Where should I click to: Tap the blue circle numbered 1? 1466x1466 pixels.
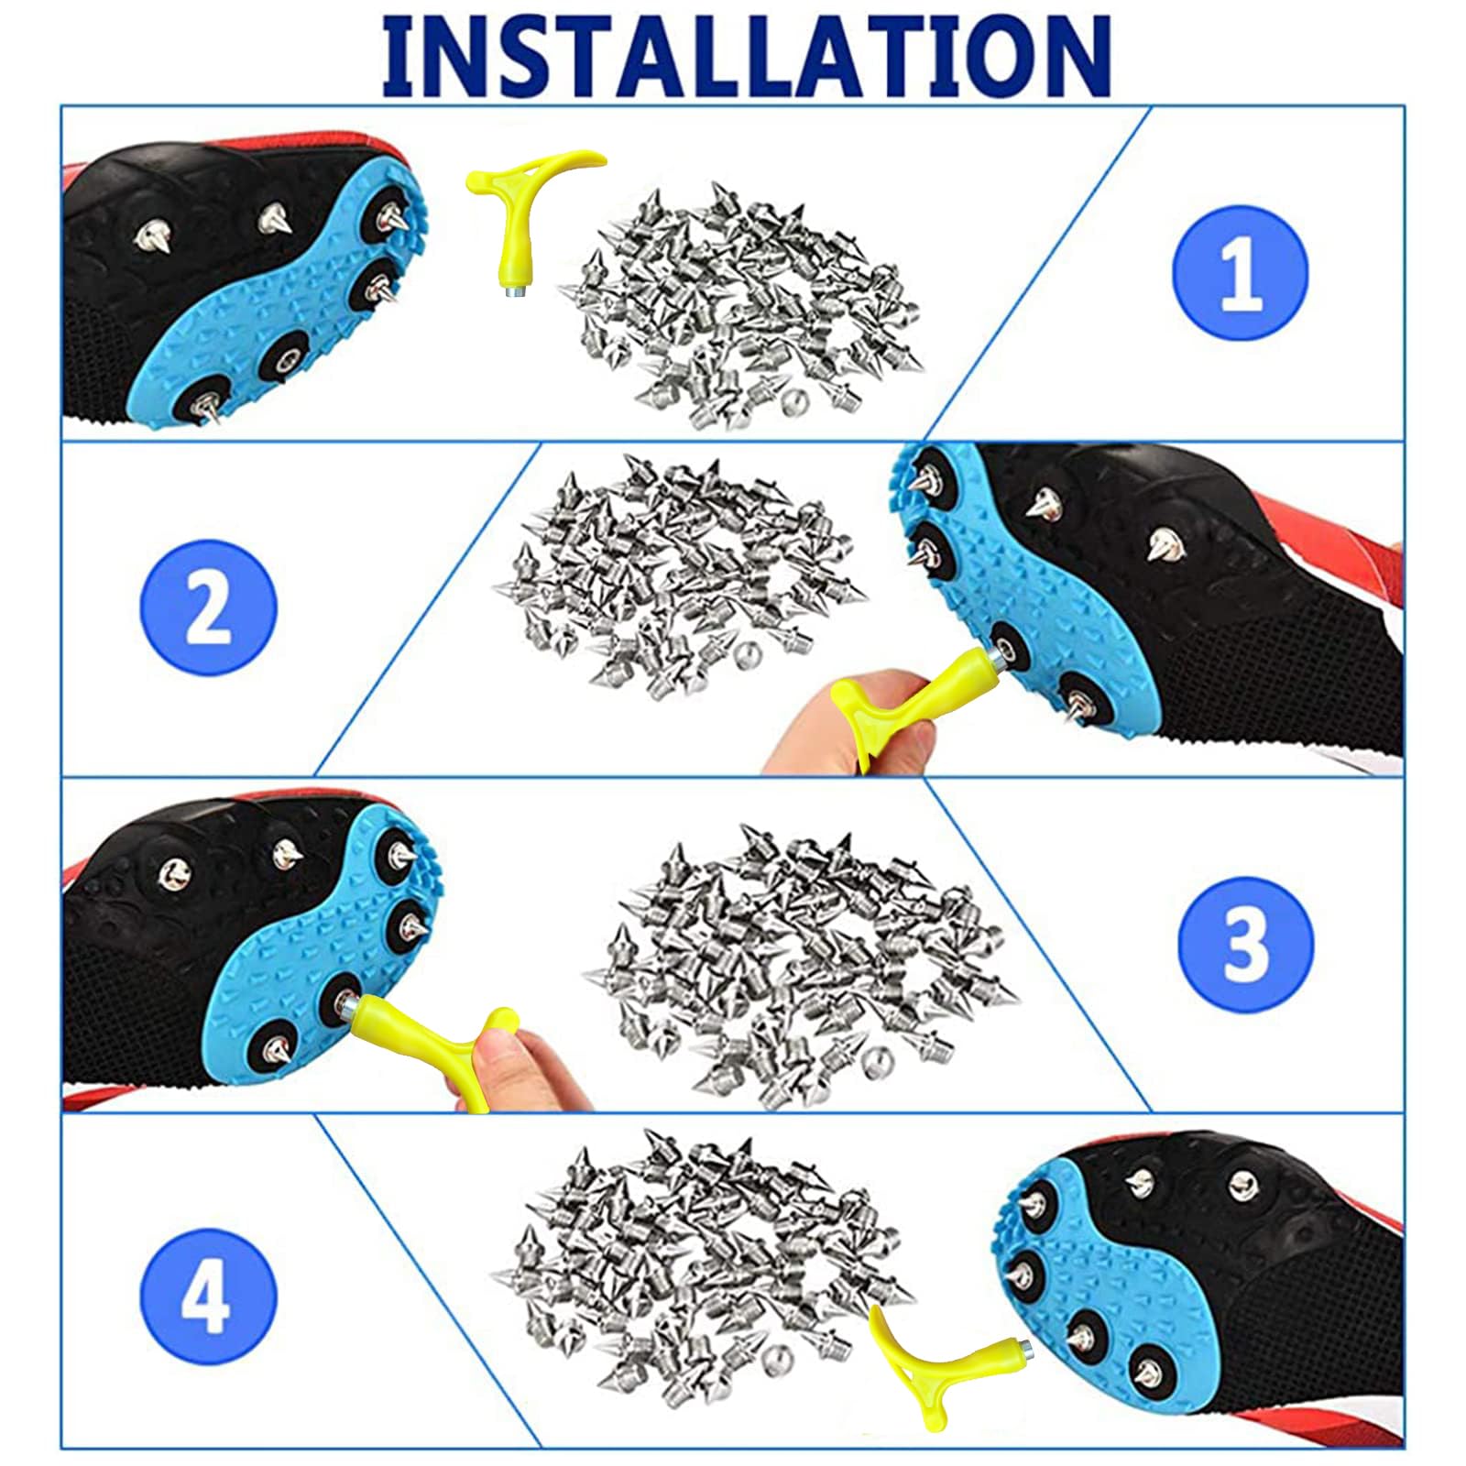pos(1241,273)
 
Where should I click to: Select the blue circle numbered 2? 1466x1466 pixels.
pos(208,608)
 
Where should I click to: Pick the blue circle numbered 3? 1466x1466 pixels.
pos(1245,945)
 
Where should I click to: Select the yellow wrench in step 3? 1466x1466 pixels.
pos(431,1040)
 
